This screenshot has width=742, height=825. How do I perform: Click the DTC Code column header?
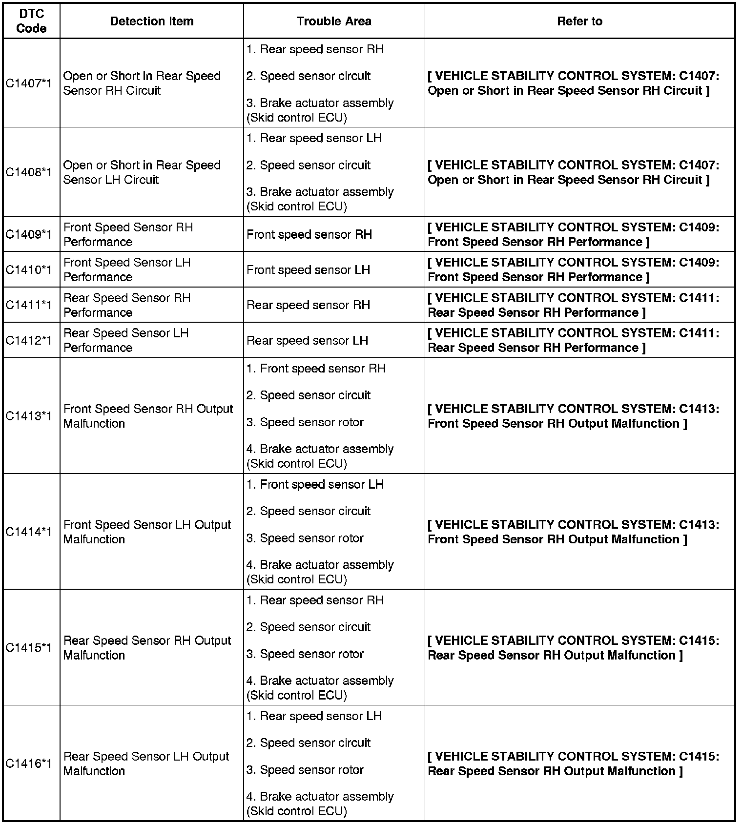click(31, 21)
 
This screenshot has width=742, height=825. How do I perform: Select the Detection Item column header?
click(151, 21)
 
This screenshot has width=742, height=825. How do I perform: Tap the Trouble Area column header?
click(334, 21)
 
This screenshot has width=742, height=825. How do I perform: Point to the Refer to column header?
click(579, 21)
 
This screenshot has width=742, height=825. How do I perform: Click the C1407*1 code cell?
click(29, 83)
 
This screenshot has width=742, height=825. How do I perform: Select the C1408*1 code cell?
click(29, 172)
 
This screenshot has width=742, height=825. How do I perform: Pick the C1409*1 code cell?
click(29, 234)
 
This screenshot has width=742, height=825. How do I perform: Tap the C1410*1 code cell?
click(29, 269)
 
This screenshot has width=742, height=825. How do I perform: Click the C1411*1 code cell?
click(29, 305)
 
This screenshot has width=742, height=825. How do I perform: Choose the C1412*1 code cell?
click(29, 340)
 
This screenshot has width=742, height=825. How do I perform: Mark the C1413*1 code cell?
click(29, 416)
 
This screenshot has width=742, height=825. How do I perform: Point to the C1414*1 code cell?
click(29, 532)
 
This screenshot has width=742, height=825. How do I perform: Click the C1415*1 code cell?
click(29, 648)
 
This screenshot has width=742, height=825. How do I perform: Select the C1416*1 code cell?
click(29, 763)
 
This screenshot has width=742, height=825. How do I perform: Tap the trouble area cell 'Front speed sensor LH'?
click(308, 269)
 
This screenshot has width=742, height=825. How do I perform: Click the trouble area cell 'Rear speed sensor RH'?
click(308, 305)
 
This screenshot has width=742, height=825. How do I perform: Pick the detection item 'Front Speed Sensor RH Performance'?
click(128, 234)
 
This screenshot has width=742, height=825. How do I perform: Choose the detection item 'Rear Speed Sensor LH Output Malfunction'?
click(146, 763)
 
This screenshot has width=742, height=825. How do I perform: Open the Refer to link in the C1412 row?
click(573, 340)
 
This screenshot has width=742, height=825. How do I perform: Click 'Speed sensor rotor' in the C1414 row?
click(305, 538)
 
